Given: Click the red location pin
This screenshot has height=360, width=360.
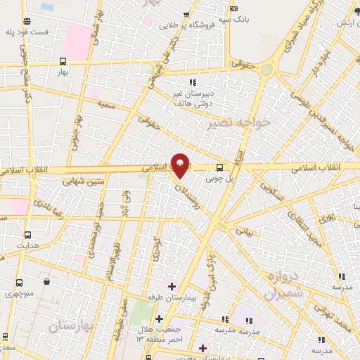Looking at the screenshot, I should pyautogui.click(x=180, y=165).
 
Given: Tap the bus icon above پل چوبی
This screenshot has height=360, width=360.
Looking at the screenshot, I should pyautogui.click(x=220, y=167).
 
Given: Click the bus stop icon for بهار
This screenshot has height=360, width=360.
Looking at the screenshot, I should pyautogui.click(x=63, y=61).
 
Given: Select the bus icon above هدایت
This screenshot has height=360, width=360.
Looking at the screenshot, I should pyautogui.click(x=27, y=236).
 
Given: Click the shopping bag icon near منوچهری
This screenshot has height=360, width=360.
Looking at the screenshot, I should pyautogui.click(x=46, y=282).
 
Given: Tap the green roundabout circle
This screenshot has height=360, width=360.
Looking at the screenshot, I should pyautogui.click(x=266, y=70).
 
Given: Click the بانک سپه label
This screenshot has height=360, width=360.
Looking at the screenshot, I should pyautogui.click(x=233, y=19).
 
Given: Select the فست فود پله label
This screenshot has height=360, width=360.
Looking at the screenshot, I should pyautogui.click(x=27, y=32).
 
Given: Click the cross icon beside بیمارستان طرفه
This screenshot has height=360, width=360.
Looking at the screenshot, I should pyautogui.click(x=172, y=285).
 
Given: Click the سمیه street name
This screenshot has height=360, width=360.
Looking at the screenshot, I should pyautogui.click(x=107, y=104).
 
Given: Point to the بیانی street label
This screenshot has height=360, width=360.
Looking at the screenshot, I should pyautogui.click(x=243, y=230).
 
